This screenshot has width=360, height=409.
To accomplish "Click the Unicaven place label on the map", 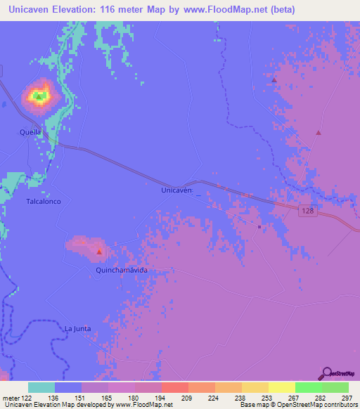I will tap(177, 190).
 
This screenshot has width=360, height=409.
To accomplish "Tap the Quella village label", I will tap(30, 131).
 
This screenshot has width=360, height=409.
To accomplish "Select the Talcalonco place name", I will tap(44, 201).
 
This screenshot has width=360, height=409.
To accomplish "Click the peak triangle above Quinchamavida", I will tap(99, 252).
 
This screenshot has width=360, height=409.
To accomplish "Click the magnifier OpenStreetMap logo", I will tap(327, 373).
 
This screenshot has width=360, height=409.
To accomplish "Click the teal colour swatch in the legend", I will tap(41, 387).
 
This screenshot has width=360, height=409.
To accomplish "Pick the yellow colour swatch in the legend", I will tap(281, 387).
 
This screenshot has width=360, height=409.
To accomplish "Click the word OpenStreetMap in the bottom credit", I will tap(290, 405).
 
